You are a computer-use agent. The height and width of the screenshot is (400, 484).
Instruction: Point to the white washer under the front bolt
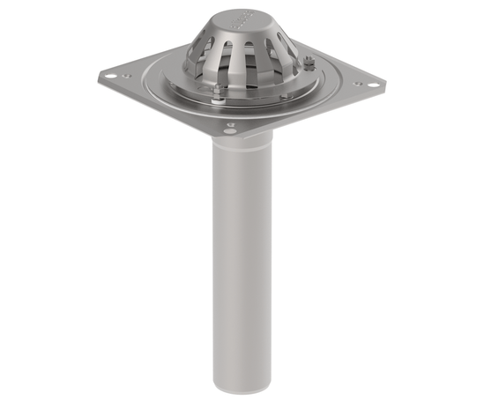219,97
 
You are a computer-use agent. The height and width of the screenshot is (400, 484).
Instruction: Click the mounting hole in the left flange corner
109,76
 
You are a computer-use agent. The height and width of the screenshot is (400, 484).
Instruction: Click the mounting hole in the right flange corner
373,85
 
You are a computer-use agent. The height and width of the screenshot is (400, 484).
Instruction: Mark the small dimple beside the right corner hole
357,85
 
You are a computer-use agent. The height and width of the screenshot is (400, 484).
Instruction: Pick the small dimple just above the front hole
230,124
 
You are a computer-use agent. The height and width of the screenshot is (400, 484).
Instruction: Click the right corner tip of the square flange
384,85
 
